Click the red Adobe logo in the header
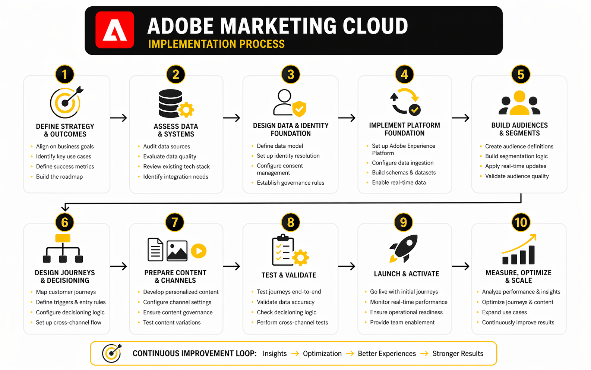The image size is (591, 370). click(x=115, y=30)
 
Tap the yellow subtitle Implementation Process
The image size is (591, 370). click(x=217, y=44)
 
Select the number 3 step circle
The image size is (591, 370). click(x=291, y=75)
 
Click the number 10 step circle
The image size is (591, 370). click(x=521, y=222)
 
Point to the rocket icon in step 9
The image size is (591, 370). click(x=404, y=248)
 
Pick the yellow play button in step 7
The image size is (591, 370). click(x=199, y=251)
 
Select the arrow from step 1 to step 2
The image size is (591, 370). click(x=118, y=117)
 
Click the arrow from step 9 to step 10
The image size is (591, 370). click(x=461, y=266)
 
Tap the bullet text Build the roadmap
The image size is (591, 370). click(x=59, y=176)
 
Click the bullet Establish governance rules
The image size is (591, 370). click(x=291, y=182)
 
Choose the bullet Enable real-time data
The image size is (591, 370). click(x=399, y=182)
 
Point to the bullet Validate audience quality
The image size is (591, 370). click(x=517, y=176)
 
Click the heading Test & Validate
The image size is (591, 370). click(x=289, y=275)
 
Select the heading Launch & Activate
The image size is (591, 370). click(x=406, y=274)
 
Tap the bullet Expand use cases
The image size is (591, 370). click(x=504, y=312)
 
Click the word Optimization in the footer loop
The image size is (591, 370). click(x=322, y=353)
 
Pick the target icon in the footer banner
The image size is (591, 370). click(x=112, y=353)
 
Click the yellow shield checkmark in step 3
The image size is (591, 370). click(x=299, y=109)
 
